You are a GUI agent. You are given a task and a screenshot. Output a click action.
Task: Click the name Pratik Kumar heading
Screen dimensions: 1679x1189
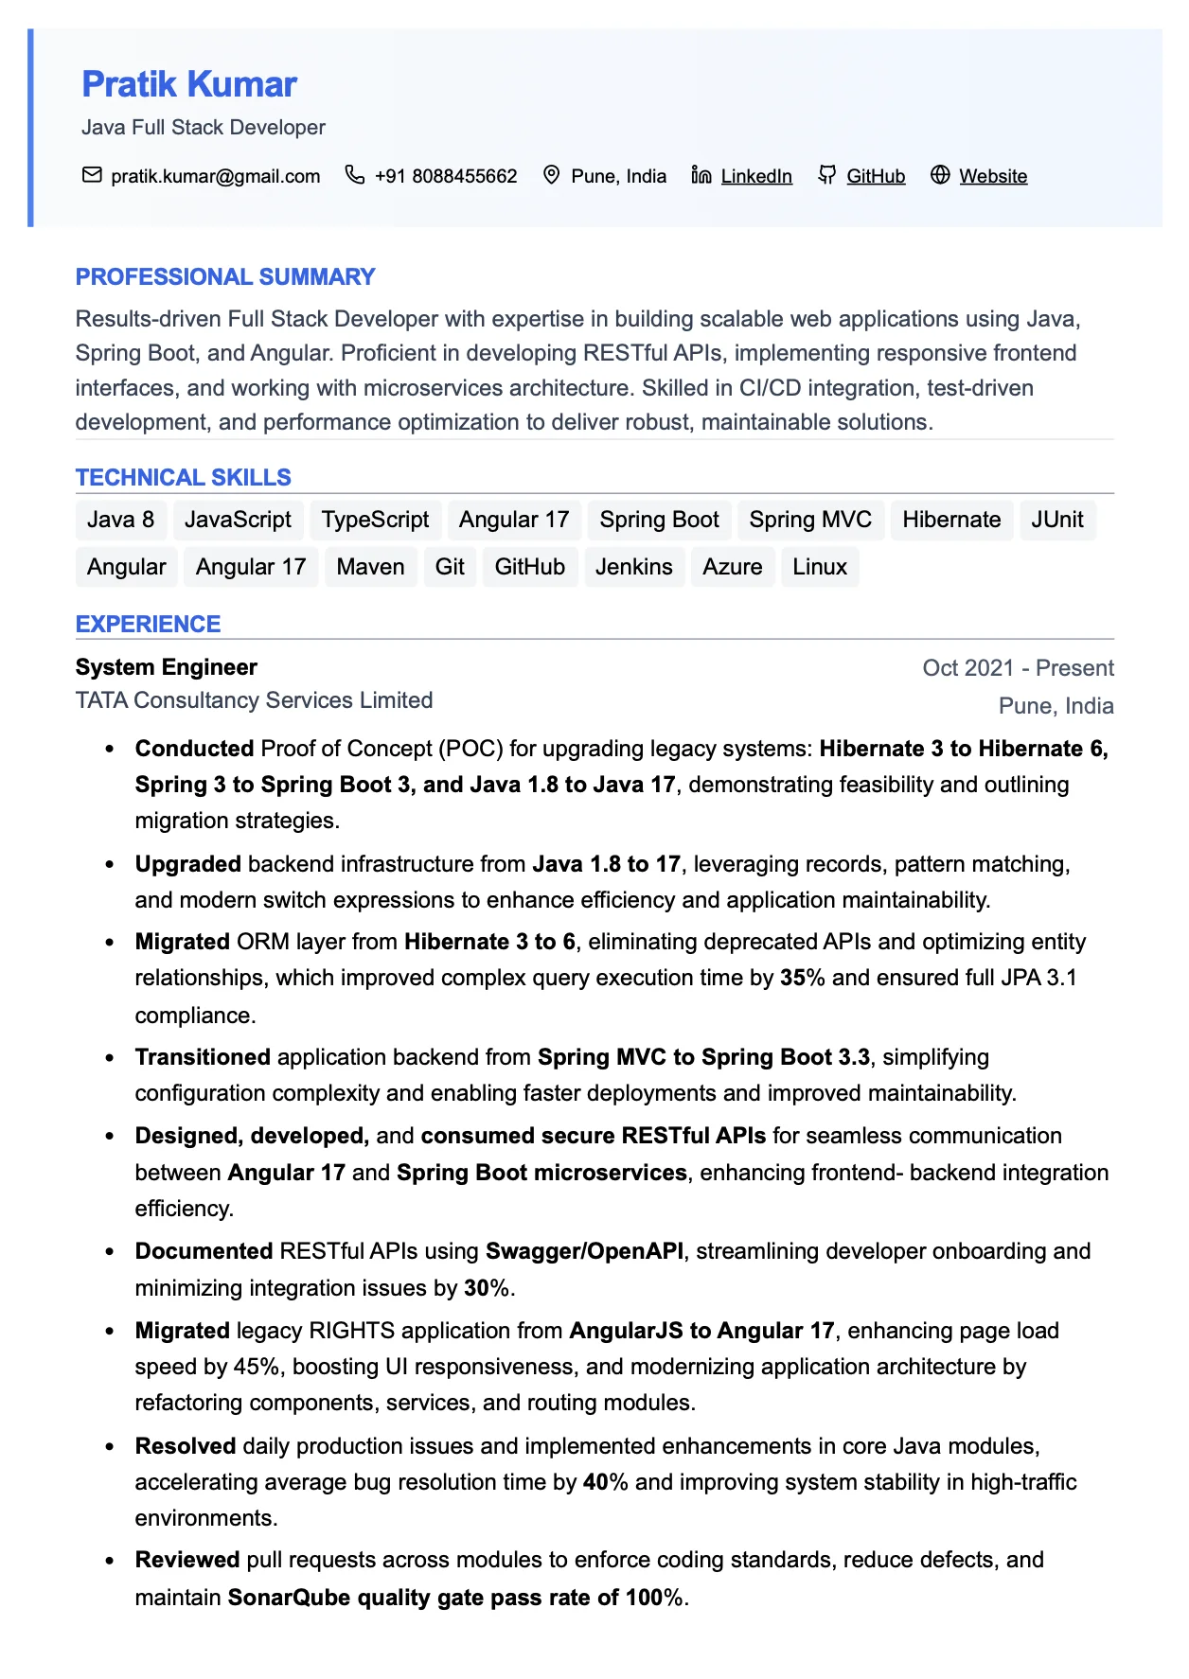point(189,84)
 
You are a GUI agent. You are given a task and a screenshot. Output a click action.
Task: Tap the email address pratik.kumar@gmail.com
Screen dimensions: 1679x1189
point(215,176)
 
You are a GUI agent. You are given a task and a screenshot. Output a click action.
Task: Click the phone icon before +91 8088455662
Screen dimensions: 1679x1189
point(354,175)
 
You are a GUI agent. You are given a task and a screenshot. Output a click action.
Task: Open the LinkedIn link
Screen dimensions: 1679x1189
point(755,176)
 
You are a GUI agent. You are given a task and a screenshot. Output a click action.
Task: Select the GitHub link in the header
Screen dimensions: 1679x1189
point(875,176)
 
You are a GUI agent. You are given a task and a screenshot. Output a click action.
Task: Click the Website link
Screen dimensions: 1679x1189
point(992,176)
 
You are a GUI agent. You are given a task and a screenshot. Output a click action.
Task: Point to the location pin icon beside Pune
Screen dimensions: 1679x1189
point(551,175)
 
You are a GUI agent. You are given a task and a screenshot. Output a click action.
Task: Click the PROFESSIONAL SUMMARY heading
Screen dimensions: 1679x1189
point(225,277)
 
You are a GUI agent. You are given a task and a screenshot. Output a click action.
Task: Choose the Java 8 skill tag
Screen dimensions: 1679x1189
point(120,520)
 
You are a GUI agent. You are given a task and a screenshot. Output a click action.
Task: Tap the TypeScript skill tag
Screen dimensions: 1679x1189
point(375,520)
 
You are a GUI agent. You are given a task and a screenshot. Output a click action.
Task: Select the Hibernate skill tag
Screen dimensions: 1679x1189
point(950,520)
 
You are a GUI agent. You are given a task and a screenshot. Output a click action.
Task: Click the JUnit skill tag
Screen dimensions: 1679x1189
point(1056,520)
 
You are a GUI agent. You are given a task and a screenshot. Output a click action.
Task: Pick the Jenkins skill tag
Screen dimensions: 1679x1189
point(633,567)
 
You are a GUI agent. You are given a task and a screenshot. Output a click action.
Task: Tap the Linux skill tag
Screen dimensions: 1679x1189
point(819,567)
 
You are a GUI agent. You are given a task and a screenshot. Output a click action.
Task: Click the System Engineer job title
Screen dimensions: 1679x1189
point(167,667)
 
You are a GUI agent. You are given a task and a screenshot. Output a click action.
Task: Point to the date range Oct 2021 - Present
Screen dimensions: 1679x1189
point(1018,668)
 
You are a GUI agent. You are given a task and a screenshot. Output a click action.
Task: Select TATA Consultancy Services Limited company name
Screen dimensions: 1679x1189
point(254,700)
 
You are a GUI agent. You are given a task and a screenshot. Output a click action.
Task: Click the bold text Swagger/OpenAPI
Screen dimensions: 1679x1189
point(584,1251)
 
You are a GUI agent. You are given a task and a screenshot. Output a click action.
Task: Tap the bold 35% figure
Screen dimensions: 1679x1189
point(802,978)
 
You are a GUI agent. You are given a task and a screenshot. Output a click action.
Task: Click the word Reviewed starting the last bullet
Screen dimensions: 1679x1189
point(187,1560)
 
